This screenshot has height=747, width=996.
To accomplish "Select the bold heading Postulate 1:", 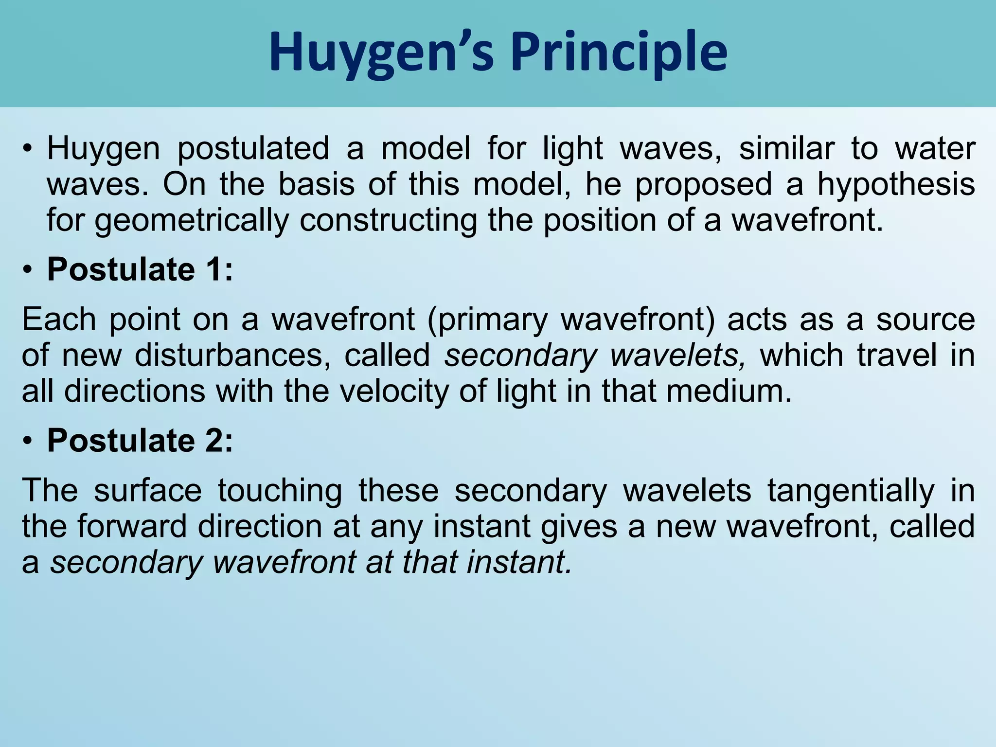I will pos(140,269).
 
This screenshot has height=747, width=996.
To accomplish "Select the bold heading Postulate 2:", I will pos(140,441).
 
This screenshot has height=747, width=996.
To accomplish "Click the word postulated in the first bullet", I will pos(253,149).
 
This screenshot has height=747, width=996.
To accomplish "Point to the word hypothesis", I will pos(896,185).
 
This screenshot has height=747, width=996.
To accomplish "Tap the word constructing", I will pos(388,221).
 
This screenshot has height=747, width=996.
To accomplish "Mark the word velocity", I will pos(393,392).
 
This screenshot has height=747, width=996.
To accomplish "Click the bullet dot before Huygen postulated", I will pos(27,149).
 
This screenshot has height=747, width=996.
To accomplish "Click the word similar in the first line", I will pos(786,149).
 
